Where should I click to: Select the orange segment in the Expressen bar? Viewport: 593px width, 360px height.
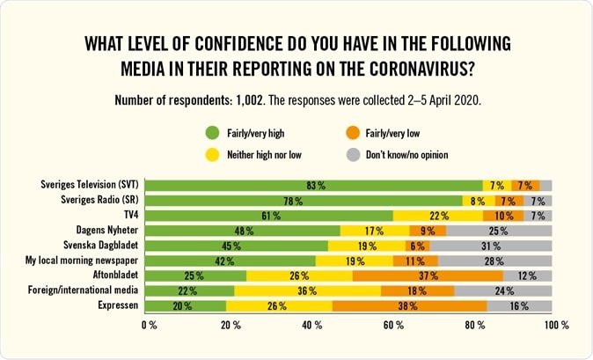(x=408, y=305)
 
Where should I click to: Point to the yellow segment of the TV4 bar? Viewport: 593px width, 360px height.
(x=437, y=216)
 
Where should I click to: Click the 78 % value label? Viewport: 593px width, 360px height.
(x=302, y=201)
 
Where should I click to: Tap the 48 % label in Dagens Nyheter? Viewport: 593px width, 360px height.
(x=245, y=231)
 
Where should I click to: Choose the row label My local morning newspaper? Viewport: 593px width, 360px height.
(x=84, y=261)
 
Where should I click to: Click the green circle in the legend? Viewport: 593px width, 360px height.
(x=211, y=134)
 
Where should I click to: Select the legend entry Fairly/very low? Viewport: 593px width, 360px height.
(x=392, y=134)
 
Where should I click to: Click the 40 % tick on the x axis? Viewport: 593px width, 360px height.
(x=311, y=326)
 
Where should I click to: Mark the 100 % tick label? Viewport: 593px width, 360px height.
(x=555, y=326)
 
